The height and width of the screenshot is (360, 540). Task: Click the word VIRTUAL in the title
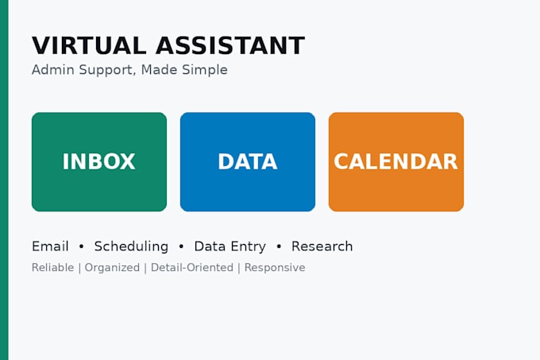click(x=89, y=46)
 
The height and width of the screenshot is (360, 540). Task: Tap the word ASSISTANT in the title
click(x=230, y=46)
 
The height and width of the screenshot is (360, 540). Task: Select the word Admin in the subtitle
click(x=53, y=70)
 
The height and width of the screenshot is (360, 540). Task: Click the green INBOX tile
click(x=99, y=162)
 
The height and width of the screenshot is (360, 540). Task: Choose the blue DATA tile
click(x=248, y=162)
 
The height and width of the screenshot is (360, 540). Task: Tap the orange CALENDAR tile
click(x=396, y=162)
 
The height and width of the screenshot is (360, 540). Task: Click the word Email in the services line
click(x=50, y=246)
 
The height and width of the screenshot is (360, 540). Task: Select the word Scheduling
click(x=131, y=247)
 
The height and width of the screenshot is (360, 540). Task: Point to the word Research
click(x=322, y=246)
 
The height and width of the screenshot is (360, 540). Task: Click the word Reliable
click(x=52, y=268)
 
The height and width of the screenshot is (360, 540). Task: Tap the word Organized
click(x=112, y=268)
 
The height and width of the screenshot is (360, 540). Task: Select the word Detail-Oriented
click(x=192, y=268)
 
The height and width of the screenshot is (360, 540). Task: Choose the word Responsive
click(x=275, y=268)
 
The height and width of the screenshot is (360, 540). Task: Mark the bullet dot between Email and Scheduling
click(x=81, y=246)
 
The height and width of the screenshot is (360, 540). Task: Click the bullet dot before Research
click(x=279, y=246)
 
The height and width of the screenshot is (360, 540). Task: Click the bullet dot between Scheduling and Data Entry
click(x=181, y=246)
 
